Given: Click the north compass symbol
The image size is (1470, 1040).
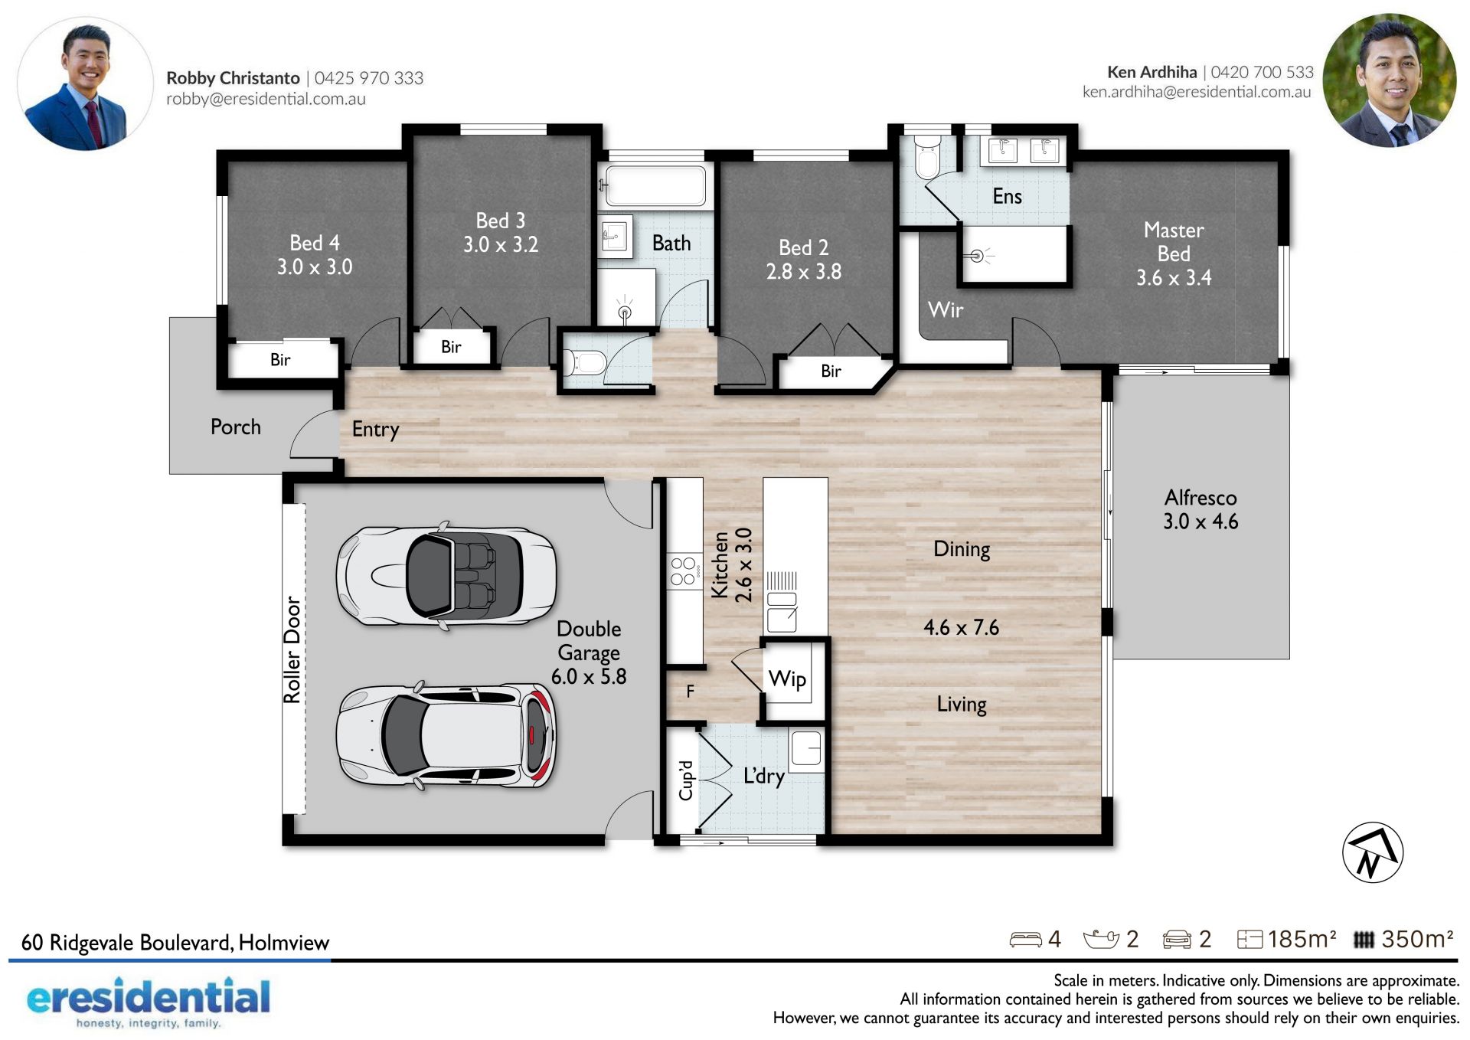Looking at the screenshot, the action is pyautogui.click(x=1373, y=852).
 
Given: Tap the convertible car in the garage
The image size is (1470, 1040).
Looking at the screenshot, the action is pyautogui.click(x=446, y=577).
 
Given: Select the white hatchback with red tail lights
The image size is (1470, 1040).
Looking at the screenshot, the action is pyautogui.click(x=446, y=736).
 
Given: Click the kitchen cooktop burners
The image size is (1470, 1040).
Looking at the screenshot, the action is pyautogui.click(x=683, y=571).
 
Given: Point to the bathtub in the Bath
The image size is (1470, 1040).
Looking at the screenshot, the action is pyautogui.click(x=655, y=186).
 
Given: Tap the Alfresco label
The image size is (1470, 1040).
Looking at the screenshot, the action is pyautogui.click(x=1200, y=498).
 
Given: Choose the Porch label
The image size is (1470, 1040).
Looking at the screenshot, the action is pyautogui.click(x=236, y=427).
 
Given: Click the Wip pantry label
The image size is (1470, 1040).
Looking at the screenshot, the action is pyautogui.click(x=787, y=679).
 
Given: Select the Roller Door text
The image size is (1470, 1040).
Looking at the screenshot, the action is pyautogui.click(x=292, y=649).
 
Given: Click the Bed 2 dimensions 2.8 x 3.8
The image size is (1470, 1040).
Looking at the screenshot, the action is pyautogui.click(x=804, y=271).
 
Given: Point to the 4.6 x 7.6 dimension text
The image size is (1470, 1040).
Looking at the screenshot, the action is pyautogui.click(x=961, y=627).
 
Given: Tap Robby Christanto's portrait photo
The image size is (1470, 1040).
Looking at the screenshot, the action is pyautogui.click(x=85, y=83).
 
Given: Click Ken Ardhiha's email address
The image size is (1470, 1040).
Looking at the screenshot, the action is pyautogui.click(x=1197, y=92).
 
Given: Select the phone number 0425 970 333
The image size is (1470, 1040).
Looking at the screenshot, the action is pyautogui.click(x=369, y=77).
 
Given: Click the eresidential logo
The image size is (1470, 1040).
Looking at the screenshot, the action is pyautogui.click(x=149, y=1002).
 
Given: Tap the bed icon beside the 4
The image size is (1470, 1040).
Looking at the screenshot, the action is pyautogui.click(x=1025, y=940).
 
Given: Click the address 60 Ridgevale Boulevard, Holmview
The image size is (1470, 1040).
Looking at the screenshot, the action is pyautogui.click(x=175, y=942).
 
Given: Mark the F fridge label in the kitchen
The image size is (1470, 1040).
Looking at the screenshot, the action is pyautogui.click(x=690, y=692).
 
